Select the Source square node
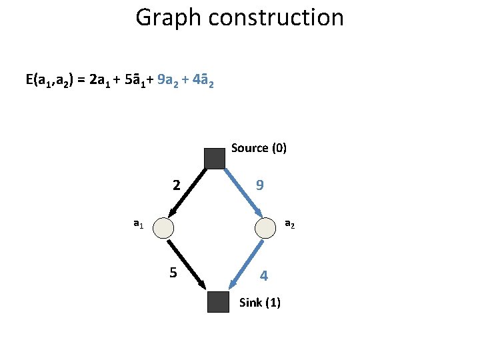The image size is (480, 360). click(214, 158)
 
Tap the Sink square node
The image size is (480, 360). click(218, 302)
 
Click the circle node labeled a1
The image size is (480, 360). click(163, 228)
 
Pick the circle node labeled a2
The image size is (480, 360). click(265, 228)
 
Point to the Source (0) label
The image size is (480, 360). click(259, 148)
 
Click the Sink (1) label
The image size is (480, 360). click(259, 303)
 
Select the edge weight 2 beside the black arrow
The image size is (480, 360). click(176, 185)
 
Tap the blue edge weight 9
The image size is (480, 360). click(259, 185)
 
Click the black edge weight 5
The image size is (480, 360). click(173, 273)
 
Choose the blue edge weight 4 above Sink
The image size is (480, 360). click(264, 275)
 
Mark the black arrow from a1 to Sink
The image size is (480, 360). click(186, 263)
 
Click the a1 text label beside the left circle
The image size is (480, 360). click(138, 225)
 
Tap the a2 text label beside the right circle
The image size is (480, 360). click(290, 225)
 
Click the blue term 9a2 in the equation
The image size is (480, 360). click(172, 81)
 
